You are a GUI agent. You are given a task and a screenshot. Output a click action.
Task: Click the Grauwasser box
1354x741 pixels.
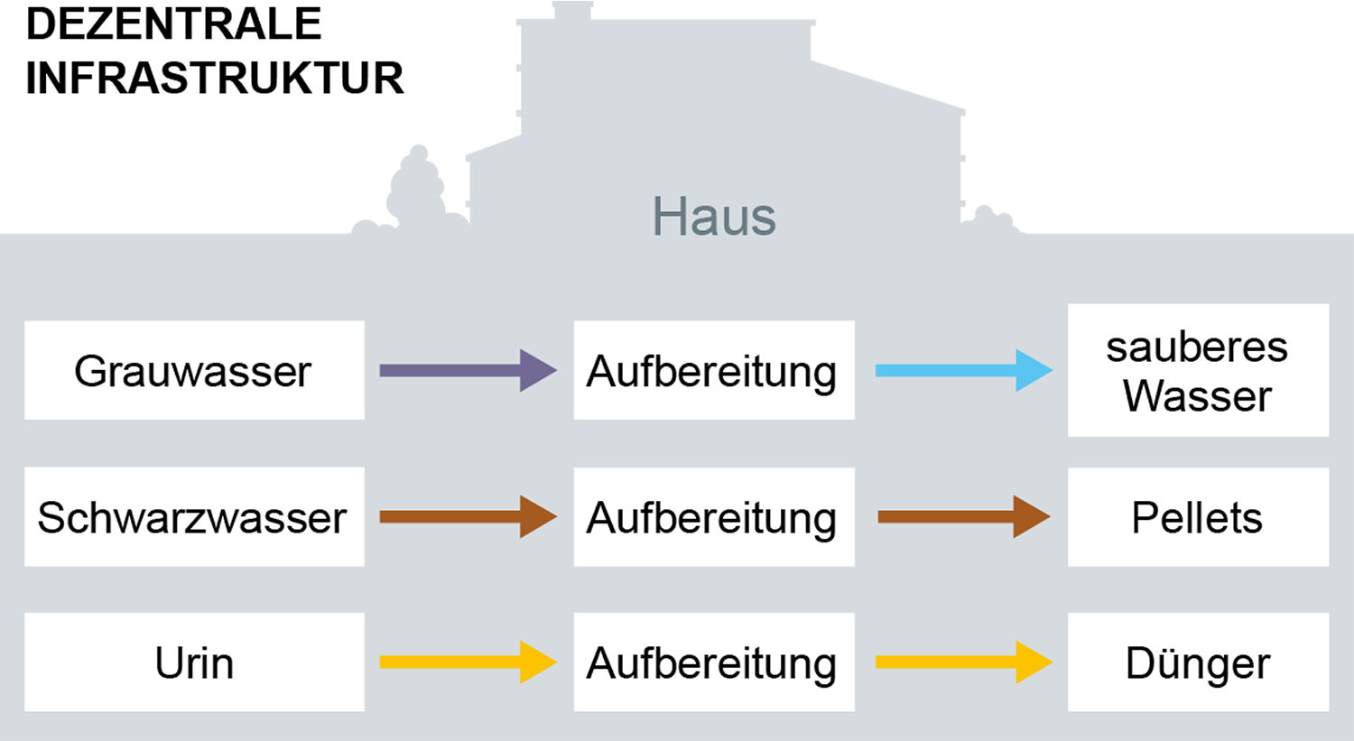(194, 370)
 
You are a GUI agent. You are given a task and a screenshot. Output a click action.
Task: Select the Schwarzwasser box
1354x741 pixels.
(194, 517)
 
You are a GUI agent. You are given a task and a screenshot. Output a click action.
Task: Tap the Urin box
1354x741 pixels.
(194, 662)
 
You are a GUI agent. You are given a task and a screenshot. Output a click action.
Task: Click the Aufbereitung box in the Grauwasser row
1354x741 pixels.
(714, 370)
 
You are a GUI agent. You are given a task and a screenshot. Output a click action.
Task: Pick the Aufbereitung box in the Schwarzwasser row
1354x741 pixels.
(714, 517)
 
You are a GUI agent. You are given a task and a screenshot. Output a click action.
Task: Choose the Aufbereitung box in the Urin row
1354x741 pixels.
(714, 662)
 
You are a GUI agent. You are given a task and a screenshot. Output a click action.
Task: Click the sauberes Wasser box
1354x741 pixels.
(1198, 370)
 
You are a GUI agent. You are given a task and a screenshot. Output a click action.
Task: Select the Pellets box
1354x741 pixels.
(1198, 517)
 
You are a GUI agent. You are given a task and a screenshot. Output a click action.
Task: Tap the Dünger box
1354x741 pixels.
(1198, 662)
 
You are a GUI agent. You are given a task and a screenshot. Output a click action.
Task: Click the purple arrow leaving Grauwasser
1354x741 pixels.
(468, 370)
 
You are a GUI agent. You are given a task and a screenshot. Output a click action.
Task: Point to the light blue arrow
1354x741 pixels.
(964, 370)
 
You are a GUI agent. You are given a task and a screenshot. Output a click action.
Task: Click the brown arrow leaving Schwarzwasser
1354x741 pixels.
(468, 517)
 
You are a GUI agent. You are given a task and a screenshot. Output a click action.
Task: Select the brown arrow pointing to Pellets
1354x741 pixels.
(964, 517)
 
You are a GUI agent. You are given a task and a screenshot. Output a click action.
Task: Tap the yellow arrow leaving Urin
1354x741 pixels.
(468, 662)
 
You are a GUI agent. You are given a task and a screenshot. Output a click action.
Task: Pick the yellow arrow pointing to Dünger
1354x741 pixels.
(964, 662)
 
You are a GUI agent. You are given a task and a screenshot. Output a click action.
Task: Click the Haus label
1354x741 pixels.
(714, 217)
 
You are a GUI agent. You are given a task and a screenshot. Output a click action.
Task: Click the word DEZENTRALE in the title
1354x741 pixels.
(173, 24)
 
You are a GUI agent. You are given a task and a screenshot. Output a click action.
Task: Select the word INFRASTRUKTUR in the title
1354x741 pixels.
(215, 78)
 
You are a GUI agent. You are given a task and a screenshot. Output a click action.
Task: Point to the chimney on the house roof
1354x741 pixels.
(572, 11)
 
